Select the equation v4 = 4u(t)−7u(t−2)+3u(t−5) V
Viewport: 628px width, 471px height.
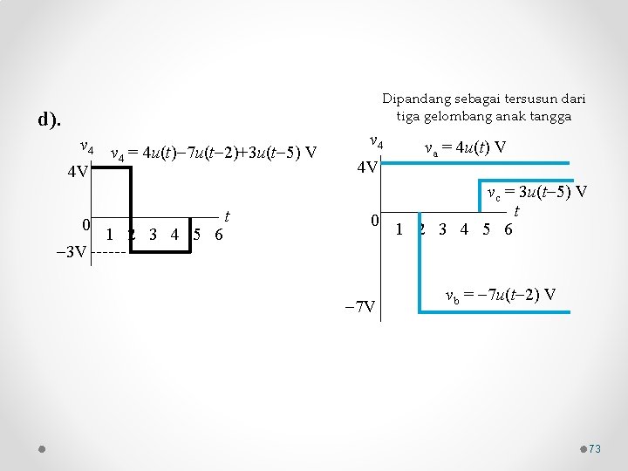tap(213, 154)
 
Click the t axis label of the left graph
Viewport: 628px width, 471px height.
tap(227, 215)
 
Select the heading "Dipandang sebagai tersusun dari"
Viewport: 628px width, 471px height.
tap(484, 98)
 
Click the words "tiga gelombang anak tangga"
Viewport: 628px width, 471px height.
tap(484, 115)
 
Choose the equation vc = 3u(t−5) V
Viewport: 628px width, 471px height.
tap(536, 192)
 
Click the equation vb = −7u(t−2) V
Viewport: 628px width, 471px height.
tap(500, 294)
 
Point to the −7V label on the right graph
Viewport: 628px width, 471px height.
tap(359, 306)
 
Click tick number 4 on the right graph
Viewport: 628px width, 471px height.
tap(465, 229)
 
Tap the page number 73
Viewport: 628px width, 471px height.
tap(595, 448)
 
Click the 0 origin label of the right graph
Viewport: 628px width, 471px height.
tap(372, 222)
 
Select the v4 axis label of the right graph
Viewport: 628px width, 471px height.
tap(377, 141)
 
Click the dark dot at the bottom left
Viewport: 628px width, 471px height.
tap(41, 448)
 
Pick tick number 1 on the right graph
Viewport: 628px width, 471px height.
tap(399, 229)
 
